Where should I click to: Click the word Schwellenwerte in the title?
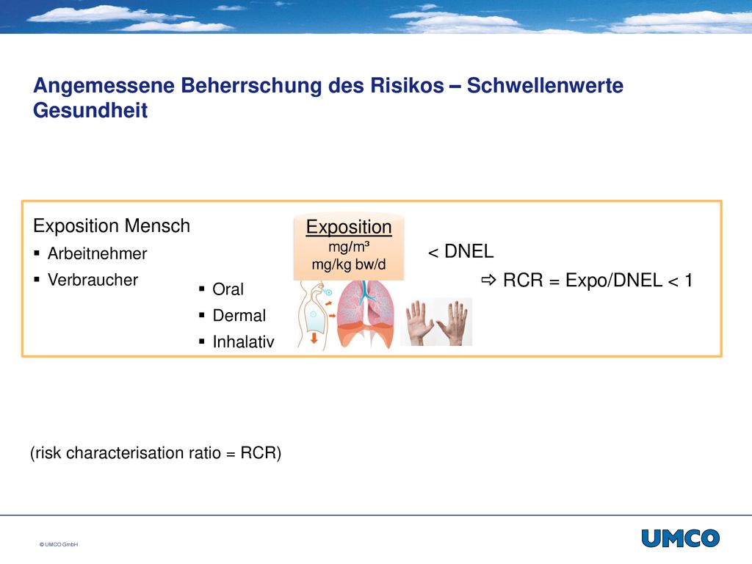click(545, 85)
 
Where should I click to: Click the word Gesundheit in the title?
click(90, 110)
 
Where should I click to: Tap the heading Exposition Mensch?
click(112, 226)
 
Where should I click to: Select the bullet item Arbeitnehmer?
click(97, 253)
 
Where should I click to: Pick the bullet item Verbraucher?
click(93, 280)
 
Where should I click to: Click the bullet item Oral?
click(228, 289)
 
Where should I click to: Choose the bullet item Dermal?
click(239, 316)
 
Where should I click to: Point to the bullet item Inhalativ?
click(243, 341)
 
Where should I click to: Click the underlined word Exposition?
click(349, 227)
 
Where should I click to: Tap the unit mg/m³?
click(349, 247)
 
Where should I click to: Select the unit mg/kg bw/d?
click(349, 264)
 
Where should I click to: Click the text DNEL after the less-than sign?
click(469, 251)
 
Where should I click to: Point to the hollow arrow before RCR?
click(488, 280)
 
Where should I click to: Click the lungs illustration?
click(366, 314)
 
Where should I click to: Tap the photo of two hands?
click(436, 322)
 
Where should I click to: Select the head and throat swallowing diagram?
click(314, 315)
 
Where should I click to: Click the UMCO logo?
click(681, 538)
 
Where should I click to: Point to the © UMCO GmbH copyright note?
click(59, 544)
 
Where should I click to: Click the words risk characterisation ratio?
click(128, 452)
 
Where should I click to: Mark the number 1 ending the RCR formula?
click(689, 280)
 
